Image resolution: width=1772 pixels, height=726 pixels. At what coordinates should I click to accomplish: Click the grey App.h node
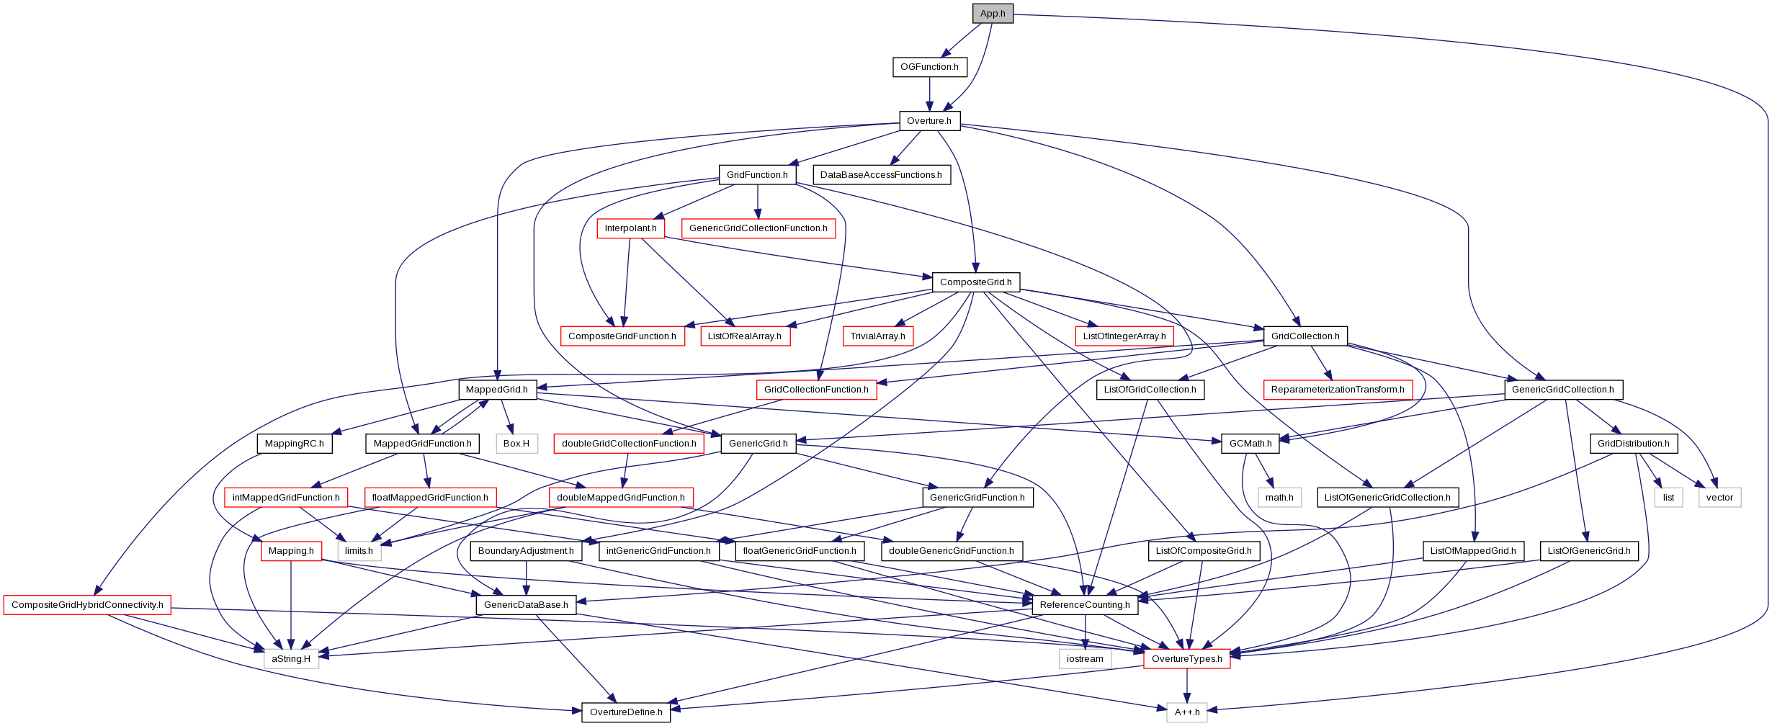[993, 14]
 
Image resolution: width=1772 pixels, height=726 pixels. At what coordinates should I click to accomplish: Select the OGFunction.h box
[929, 67]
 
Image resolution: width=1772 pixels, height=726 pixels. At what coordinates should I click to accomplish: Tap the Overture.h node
[929, 121]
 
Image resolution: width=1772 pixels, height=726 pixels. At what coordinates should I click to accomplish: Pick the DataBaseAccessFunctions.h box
[881, 175]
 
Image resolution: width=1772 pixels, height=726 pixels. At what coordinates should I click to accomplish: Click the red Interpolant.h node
[630, 228]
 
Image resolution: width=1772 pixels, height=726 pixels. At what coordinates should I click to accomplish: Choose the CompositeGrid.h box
[976, 282]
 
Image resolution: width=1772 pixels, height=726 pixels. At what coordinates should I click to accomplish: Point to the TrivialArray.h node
[877, 336]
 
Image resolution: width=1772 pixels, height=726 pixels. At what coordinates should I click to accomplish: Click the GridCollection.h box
[1305, 336]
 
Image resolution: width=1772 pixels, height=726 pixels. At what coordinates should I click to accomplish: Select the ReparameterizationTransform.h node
[1338, 390]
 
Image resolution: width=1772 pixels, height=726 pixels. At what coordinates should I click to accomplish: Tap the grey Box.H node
[516, 444]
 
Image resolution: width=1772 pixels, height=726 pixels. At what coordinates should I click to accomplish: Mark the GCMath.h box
[1250, 444]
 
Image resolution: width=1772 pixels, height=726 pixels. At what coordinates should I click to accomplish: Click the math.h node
[1279, 498]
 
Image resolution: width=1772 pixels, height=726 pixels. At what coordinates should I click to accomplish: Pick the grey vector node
[1719, 498]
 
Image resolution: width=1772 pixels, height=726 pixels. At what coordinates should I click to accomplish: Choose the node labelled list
[1668, 498]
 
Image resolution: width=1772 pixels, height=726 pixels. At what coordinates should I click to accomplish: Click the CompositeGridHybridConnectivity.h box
[87, 605]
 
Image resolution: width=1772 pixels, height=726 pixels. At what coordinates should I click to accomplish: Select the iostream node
[1085, 659]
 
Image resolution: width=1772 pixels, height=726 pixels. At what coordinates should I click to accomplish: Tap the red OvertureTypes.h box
[1187, 659]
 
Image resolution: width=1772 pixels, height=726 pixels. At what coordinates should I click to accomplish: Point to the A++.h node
[1187, 712]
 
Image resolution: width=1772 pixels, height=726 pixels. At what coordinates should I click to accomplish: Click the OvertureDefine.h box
[626, 712]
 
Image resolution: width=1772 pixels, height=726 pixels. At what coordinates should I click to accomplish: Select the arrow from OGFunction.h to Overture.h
[929, 94]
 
